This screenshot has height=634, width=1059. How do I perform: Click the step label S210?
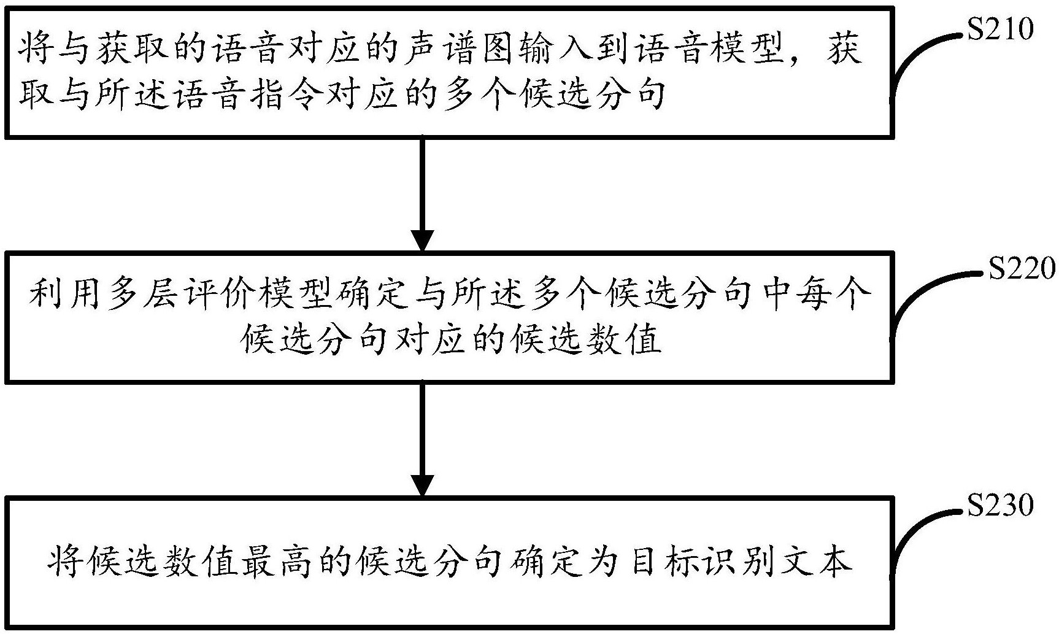tap(1000, 29)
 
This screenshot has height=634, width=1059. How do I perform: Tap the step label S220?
tap(1022, 268)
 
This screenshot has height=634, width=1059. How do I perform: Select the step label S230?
tap(1000, 505)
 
